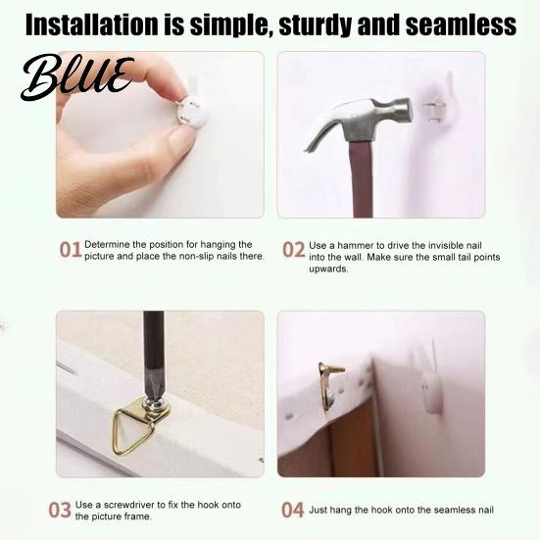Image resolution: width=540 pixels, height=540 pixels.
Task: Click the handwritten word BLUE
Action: [x=76, y=76]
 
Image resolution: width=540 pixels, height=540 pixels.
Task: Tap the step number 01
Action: [x=71, y=249]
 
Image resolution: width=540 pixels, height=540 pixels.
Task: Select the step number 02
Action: [x=294, y=250]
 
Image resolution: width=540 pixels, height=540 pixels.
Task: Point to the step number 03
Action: [x=60, y=510]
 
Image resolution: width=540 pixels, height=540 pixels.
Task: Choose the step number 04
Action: [x=293, y=510]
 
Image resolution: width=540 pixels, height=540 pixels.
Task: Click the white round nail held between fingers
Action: [x=192, y=112]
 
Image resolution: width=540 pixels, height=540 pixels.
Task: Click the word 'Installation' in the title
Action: [x=91, y=25]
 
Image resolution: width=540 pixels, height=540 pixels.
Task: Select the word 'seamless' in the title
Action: [x=461, y=25]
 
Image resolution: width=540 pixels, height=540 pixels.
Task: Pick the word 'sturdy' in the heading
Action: [x=316, y=25]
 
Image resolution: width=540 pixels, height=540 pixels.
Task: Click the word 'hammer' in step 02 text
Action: [x=355, y=246]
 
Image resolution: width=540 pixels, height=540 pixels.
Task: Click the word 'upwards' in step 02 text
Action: [x=328, y=269]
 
